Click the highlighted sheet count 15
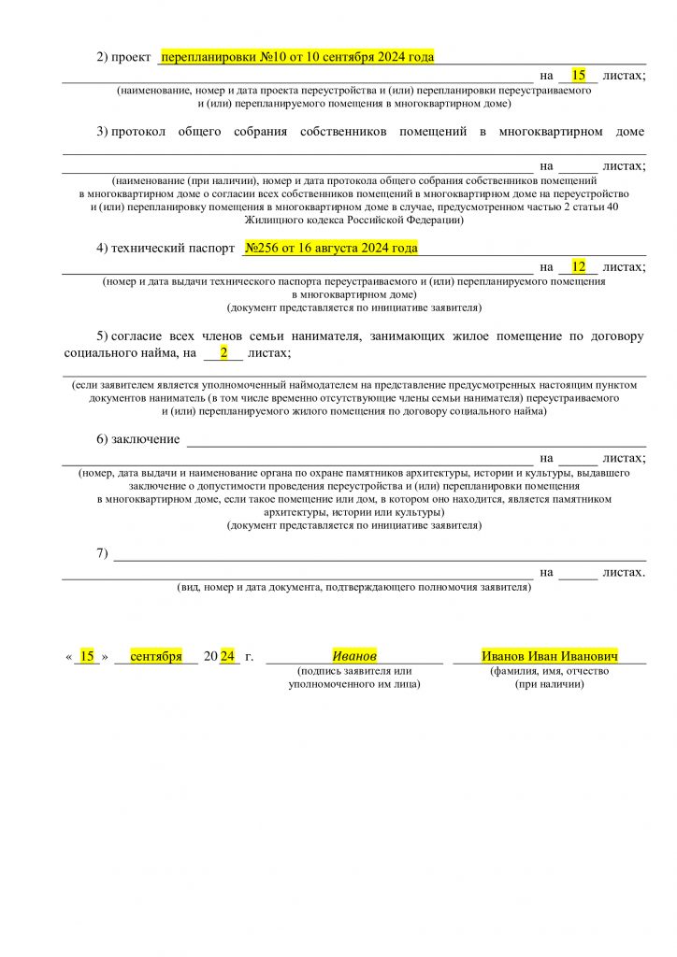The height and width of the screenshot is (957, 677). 578,75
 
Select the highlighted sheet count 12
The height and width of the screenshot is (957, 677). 578,266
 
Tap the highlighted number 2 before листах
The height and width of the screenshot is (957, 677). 223,352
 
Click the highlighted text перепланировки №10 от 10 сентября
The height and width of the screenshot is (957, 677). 297,57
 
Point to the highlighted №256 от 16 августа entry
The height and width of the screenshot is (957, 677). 331,249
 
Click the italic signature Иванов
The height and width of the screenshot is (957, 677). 354,656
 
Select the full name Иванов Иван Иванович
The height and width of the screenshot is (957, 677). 550,656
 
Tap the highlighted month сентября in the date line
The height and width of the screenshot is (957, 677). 156,656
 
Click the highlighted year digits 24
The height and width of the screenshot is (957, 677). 227,656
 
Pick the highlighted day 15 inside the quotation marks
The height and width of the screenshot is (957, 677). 87,656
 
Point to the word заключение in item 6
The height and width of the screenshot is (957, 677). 146,439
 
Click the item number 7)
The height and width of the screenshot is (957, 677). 102,553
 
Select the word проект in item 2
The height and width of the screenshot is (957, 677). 131,57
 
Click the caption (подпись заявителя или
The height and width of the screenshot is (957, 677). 354,671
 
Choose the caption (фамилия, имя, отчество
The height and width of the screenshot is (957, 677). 550,671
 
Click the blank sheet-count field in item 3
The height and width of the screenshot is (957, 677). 578,165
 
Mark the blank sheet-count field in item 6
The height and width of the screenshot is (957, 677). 578,458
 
